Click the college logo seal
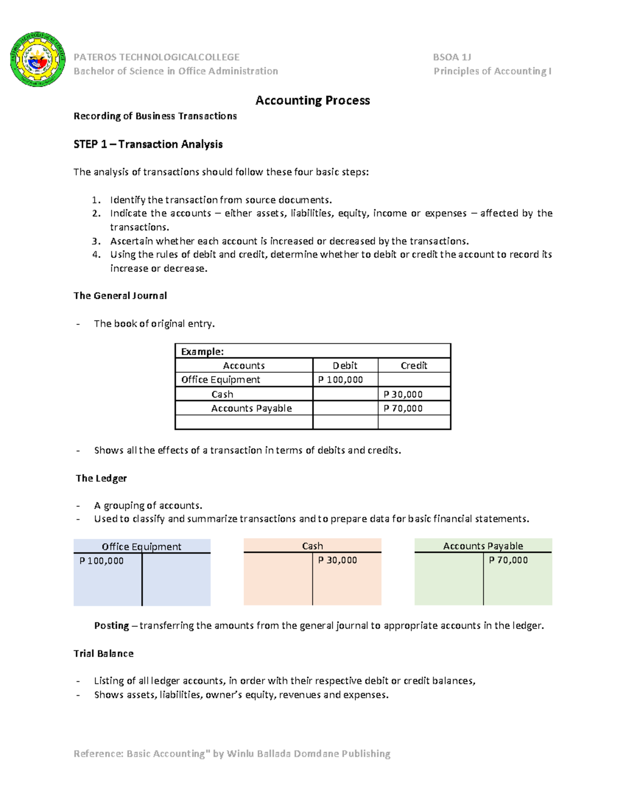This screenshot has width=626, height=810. (38, 59)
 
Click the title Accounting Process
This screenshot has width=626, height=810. (312, 100)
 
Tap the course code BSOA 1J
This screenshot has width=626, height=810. (452, 57)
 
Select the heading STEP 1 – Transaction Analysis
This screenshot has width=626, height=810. (148, 144)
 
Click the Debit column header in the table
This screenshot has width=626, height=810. (345, 366)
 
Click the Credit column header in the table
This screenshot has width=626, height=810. (414, 366)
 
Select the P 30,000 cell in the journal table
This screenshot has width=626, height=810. (403, 394)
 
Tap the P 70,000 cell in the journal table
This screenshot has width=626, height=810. (403, 408)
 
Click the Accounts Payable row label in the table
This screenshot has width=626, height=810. (251, 408)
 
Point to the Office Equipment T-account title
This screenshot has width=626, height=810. (141, 546)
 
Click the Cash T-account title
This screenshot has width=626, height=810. (312, 546)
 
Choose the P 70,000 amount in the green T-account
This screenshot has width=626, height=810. (508, 560)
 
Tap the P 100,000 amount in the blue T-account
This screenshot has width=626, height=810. (101, 561)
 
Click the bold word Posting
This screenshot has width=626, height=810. (111, 625)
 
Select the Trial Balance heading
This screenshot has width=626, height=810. (103, 654)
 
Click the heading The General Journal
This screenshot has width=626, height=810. (120, 296)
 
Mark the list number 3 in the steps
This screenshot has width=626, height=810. (95, 241)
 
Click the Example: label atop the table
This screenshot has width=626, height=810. (202, 352)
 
